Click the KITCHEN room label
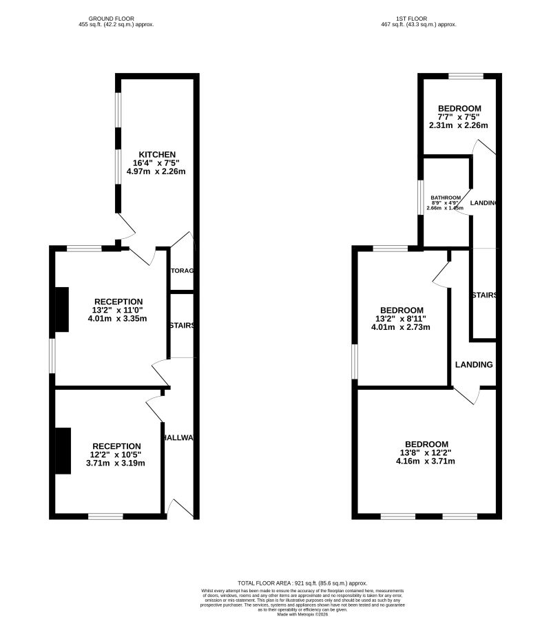point(157,154)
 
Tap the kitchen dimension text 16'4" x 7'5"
point(160,163)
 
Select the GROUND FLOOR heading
point(116,19)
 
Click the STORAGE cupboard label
point(183,271)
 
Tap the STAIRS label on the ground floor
point(183,326)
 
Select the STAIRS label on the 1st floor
point(484,295)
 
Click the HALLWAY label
point(180,438)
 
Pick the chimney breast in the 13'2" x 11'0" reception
point(61,309)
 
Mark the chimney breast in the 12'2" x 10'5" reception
point(63,450)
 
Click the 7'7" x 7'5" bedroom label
point(459,109)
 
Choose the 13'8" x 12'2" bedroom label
point(426,444)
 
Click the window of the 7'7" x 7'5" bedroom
point(466,75)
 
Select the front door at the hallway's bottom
point(180,508)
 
